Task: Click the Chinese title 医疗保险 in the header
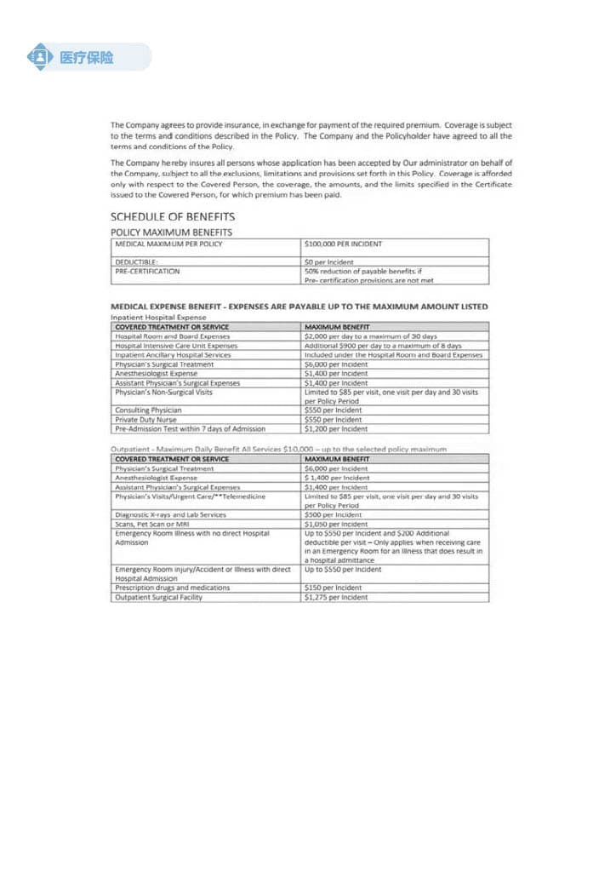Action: [x=86, y=58]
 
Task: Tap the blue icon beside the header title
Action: [x=40, y=57]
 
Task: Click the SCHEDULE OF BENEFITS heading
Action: [x=173, y=217]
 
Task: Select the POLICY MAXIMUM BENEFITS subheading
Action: [x=171, y=232]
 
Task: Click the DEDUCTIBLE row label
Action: [x=137, y=261]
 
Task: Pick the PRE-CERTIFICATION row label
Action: [x=147, y=271]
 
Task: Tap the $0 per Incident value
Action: [x=328, y=261]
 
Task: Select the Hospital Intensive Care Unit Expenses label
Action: [x=176, y=346]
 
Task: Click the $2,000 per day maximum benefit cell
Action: [x=370, y=336]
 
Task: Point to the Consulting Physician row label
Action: [x=148, y=410]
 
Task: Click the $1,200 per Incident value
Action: [x=335, y=429]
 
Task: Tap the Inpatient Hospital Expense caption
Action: [x=158, y=317]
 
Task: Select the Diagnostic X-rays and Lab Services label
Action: [x=170, y=514]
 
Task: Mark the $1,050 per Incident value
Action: [x=335, y=524]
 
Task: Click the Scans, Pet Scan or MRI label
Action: [x=154, y=524]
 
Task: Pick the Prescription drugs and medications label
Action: [x=172, y=588]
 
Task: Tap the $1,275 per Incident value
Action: [x=335, y=597]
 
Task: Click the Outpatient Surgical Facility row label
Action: [x=158, y=597]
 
